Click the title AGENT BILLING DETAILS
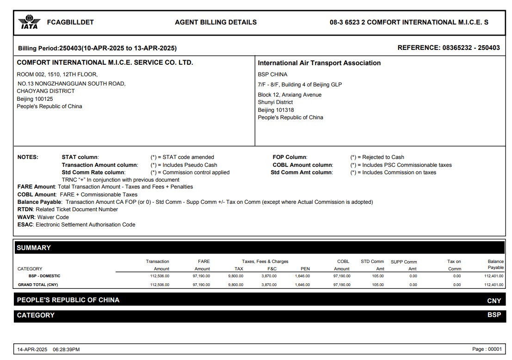click(x=216, y=22)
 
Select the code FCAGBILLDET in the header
click(x=70, y=22)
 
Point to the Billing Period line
click(x=97, y=48)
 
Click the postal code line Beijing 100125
click(x=35, y=99)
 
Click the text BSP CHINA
click(x=272, y=74)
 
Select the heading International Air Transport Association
click(x=319, y=63)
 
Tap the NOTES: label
click(x=28, y=157)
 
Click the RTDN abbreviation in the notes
click(x=25, y=209)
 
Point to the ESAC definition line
click(x=76, y=225)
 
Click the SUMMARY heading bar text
click(x=34, y=248)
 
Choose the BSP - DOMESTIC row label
click(x=44, y=276)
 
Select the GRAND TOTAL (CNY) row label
click(x=38, y=285)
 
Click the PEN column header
click(x=305, y=268)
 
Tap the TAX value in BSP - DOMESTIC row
click(x=235, y=276)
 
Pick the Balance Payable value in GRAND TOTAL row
click(x=494, y=285)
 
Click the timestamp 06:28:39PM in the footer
click(x=66, y=349)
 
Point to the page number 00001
click(x=494, y=349)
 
